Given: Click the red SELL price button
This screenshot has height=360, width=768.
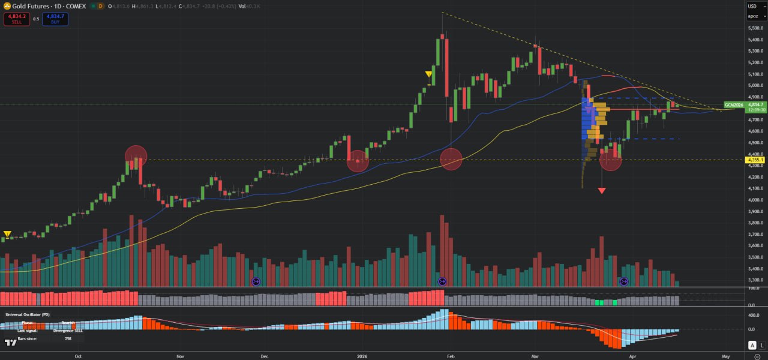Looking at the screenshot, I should [x=16, y=19].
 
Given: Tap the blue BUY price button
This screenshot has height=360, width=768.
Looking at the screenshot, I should [x=55, y=19].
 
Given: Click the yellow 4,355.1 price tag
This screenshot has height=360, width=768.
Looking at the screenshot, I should [x=755, y=160].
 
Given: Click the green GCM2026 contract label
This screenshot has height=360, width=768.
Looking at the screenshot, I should [x=734, y=105].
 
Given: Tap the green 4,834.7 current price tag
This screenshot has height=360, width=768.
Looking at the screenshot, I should [x=755, y=104].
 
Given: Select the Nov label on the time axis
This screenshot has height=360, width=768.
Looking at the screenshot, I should [x=180, y=356].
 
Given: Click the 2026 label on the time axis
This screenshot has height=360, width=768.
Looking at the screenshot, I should [x=362, y=356].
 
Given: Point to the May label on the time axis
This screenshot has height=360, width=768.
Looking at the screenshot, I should [x=725, y=356].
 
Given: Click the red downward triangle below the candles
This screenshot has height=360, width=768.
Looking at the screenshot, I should [x=602, y=191].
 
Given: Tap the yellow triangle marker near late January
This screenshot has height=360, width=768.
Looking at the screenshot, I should [x=428, y=74].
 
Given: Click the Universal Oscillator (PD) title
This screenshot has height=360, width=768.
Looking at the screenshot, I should [x=28, y=314].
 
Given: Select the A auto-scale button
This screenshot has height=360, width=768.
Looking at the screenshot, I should [x=752, y=345].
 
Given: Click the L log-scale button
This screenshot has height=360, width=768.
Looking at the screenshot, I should [x=762, y=345].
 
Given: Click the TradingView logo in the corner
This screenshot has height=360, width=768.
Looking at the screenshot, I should [x=10, y=343].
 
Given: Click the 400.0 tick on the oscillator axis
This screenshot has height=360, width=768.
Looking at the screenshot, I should [x=754, y=315].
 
